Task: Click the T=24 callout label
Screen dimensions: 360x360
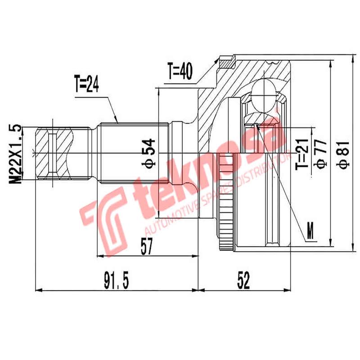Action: tap(86, 85)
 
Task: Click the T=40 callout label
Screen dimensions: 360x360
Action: tap(180, 71)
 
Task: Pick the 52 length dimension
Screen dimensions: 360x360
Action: tap(243, 281)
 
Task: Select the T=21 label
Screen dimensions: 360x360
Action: tap(302, 153)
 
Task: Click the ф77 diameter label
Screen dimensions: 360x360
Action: tap(320, 153)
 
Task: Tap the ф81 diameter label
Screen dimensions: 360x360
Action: tap(344, 153)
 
